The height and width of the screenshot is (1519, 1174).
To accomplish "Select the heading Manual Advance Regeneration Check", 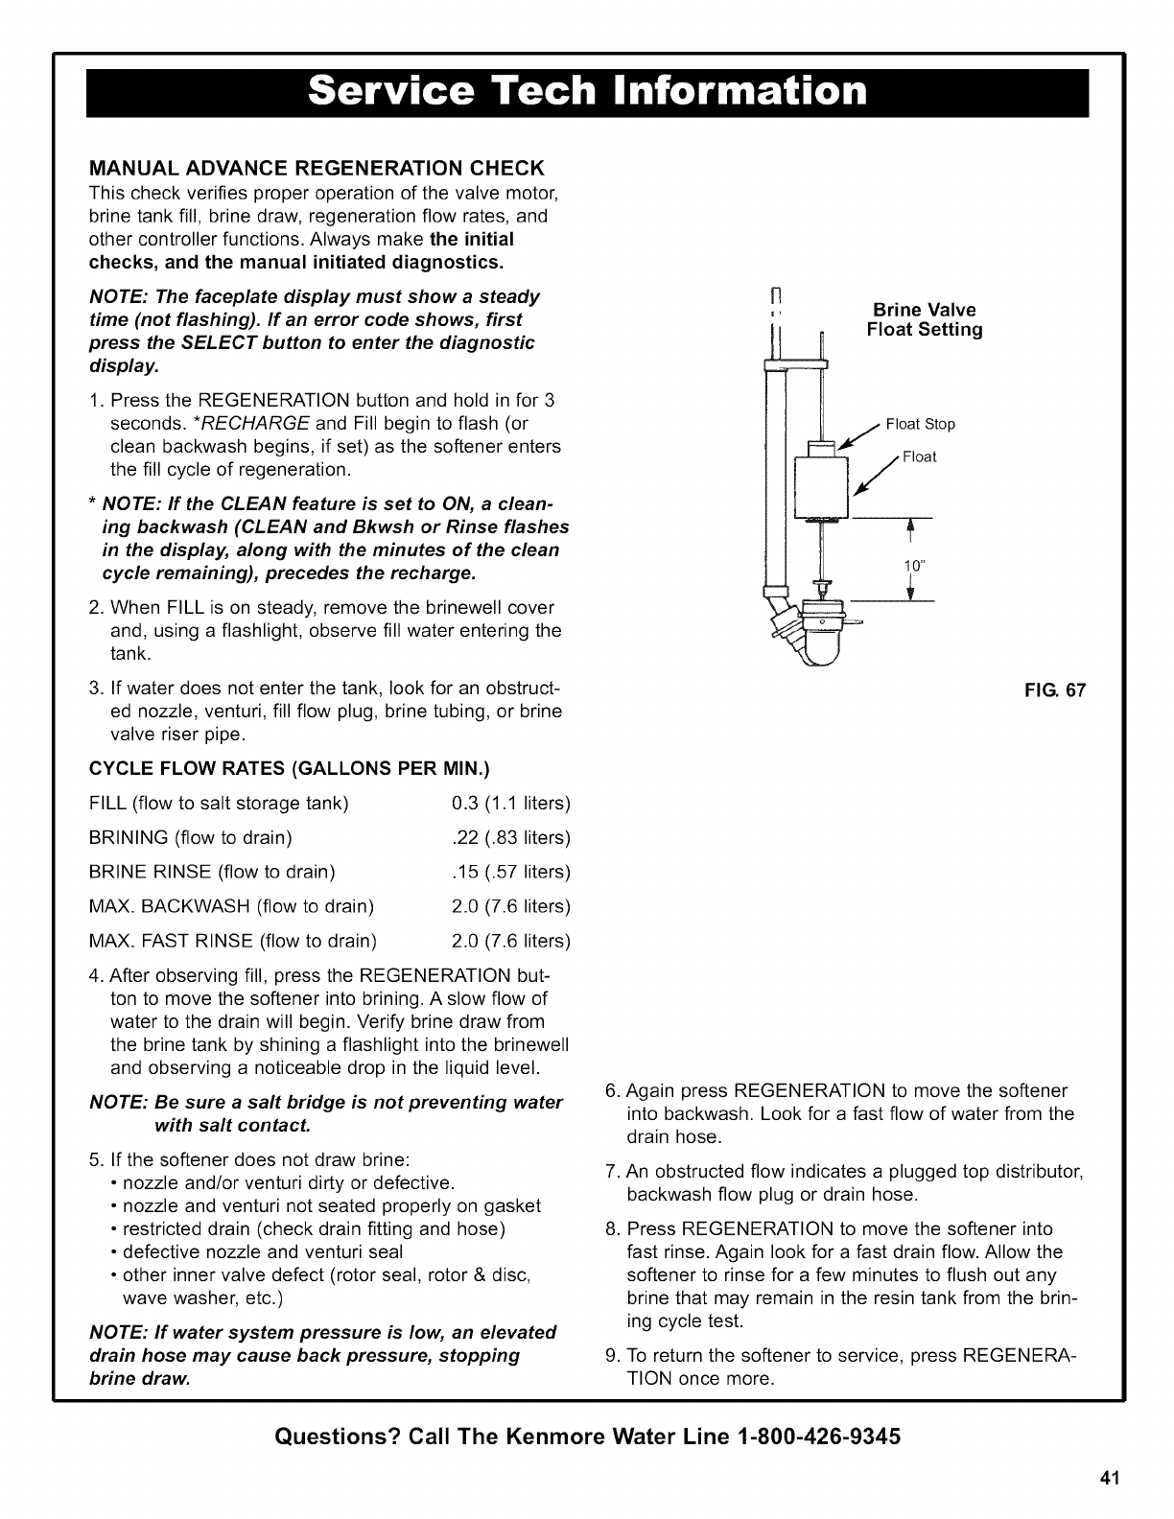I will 317,169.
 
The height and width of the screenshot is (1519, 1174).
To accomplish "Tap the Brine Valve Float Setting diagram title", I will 924,320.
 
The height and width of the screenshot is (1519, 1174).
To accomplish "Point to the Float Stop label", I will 920,424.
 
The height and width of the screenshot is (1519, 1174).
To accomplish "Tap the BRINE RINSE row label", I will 212,872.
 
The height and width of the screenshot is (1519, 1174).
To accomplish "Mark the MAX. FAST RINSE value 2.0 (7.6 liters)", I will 510,940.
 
